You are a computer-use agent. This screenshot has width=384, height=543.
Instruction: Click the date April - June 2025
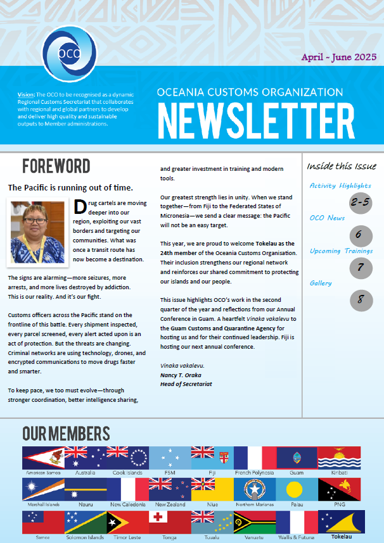pos(339,57)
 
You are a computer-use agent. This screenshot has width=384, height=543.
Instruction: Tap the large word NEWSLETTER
pos(256,120)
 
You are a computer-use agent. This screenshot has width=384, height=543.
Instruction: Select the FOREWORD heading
pos(56,166)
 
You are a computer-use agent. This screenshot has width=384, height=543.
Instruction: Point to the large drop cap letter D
pos(80,208)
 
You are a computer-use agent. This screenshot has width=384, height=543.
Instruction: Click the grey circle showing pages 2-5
pos(361,203)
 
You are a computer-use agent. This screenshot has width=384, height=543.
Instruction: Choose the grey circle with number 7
pos(361,268)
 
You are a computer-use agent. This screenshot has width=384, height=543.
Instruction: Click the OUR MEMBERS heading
pos(66,434)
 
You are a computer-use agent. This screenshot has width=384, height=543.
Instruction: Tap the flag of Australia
pos(85,458)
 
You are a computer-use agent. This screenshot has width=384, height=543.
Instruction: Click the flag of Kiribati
pos(339,458)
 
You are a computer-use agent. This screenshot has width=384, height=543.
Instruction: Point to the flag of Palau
pos(297,489)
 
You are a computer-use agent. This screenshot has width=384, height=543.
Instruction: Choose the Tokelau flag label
pos(339,537)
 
